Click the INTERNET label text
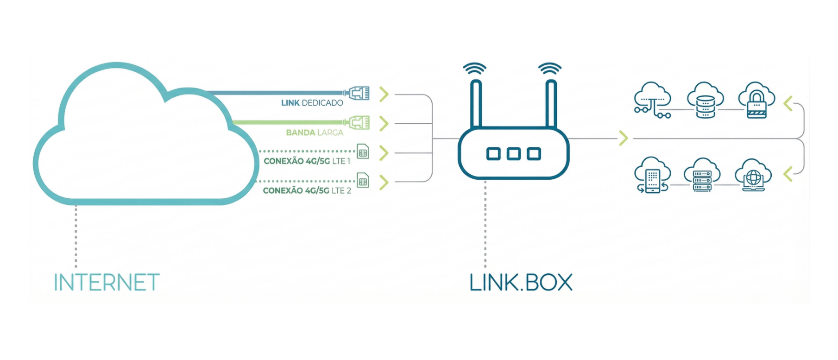point(107,283)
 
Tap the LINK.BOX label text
point(521,283)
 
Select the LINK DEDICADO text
point(312,103)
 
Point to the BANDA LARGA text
point(315,133)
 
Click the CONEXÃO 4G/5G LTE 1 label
point(307,161)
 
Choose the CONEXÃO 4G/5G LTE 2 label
point(307,190)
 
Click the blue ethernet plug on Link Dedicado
point(358,94)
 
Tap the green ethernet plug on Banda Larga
point(358,123)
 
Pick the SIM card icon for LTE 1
point(363,152)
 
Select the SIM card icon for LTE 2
point(363,181)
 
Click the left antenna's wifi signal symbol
point(475,69)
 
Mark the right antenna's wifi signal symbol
point(549,69)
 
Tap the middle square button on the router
point(513,154)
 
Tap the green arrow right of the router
point(624,138)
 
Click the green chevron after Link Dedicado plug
point(384,94)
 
